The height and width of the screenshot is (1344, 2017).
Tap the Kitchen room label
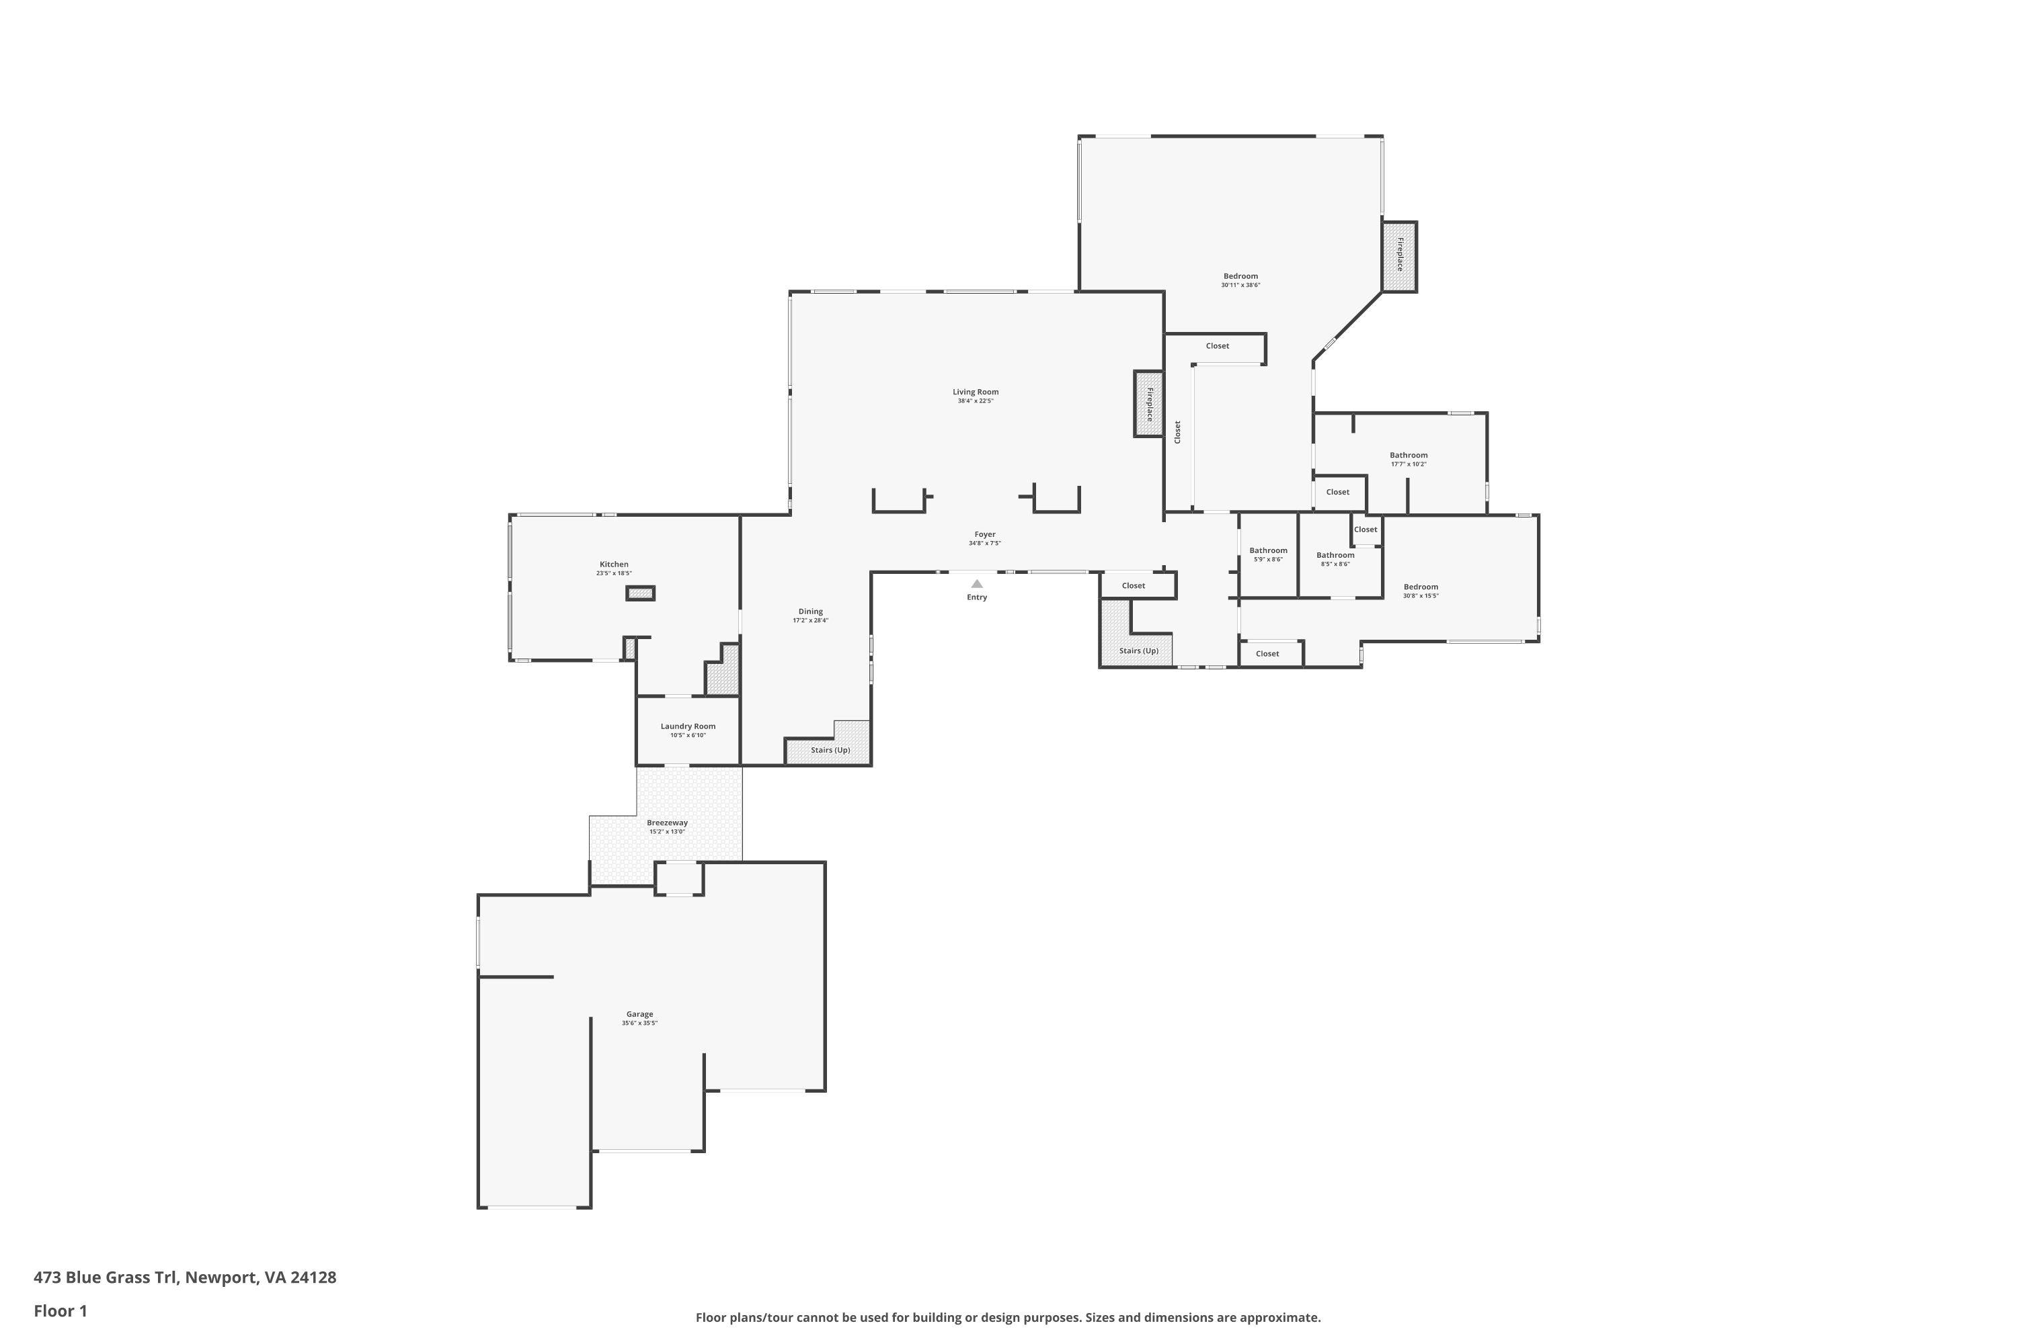point(614,564)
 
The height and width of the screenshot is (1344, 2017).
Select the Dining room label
point(810,611)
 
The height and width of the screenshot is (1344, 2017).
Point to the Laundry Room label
point(688,726)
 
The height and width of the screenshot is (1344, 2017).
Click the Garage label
point(640,1014)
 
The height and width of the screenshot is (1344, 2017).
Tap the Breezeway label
point(667,822)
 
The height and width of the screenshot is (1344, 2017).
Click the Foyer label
point(984,534)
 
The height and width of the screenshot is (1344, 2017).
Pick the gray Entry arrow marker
point(977,584)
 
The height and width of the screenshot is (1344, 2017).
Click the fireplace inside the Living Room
point(1149,405)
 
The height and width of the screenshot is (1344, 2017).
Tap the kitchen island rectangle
point(641,593)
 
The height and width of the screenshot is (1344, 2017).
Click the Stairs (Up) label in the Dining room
point(831,750)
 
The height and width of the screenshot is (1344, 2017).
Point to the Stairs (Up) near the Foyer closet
point(1139,650)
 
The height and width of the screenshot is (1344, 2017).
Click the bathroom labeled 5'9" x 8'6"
point(1268,550)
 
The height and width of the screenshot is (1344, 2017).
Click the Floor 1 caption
point(60,1310)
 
